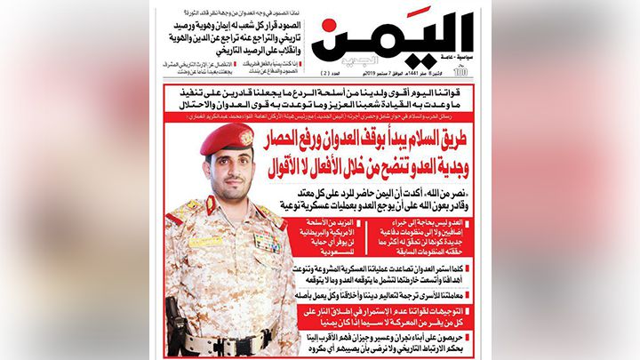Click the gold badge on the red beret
tap(245, 137)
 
